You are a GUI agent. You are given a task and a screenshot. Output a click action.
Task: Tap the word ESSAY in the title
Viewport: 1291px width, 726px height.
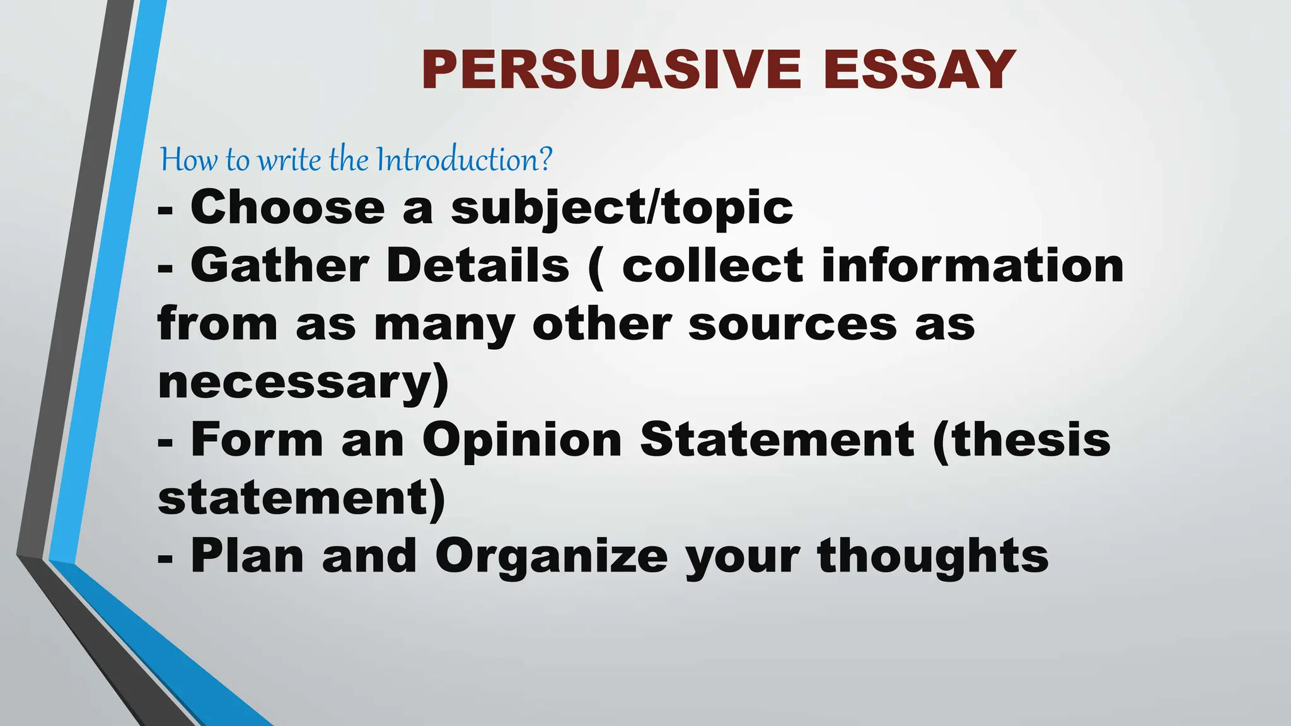pos(919,70)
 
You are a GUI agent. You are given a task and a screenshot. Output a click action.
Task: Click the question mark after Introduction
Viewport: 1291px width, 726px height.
pos(546,159)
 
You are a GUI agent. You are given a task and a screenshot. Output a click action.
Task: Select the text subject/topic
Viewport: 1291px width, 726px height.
pos(622,208)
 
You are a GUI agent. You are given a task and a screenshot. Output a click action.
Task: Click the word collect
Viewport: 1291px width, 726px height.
pos(712,265)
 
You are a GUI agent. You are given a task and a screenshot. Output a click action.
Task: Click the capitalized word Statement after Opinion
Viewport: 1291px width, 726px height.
pos(777,439)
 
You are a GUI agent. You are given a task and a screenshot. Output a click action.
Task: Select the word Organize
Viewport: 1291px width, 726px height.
pos(551,557)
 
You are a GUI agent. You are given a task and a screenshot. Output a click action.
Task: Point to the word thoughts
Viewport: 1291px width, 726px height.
pos(933,557)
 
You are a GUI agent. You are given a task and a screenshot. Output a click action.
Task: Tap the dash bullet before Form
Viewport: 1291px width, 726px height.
pos(165,442)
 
